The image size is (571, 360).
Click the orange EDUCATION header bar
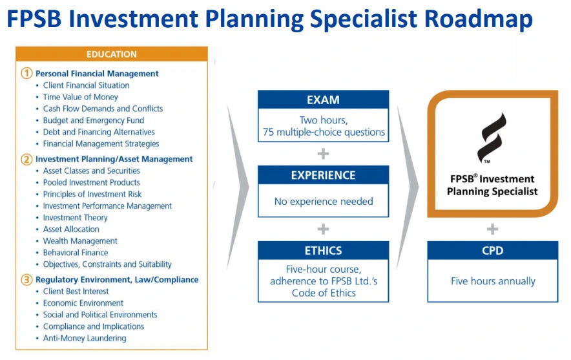coord(112,54)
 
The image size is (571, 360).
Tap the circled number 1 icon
coord(26,73)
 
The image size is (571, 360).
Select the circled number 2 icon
coord(26,159)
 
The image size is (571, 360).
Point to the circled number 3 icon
coord(26,280)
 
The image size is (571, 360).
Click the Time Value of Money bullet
coord(81,97)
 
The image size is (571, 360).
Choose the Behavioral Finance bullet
coord(76,253)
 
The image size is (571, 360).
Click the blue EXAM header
coord(324,100)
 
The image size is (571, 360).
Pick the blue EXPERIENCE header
coord(324,175)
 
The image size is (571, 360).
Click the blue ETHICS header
coord(324,250)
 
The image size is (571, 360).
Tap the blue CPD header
coord(493,250)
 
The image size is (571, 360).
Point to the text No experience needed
coord(324,201)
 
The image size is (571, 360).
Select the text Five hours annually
coord(493,281)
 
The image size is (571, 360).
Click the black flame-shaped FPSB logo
coord(492,138)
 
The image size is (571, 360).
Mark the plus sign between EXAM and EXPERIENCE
coord(323,154)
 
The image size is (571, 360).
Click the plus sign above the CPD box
coord(492,229)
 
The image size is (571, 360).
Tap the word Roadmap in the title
coord(479,19)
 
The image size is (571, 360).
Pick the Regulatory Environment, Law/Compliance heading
coord(117,279)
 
